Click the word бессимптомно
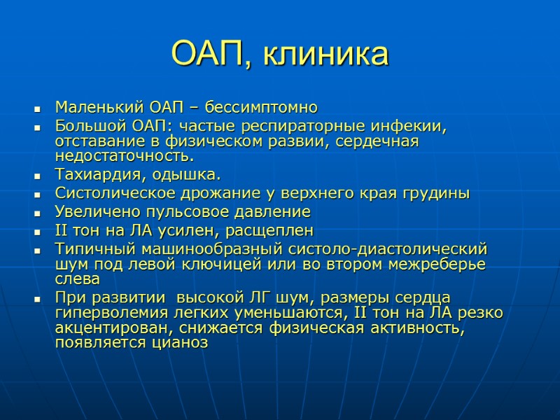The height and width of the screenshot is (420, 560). (272, 108)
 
